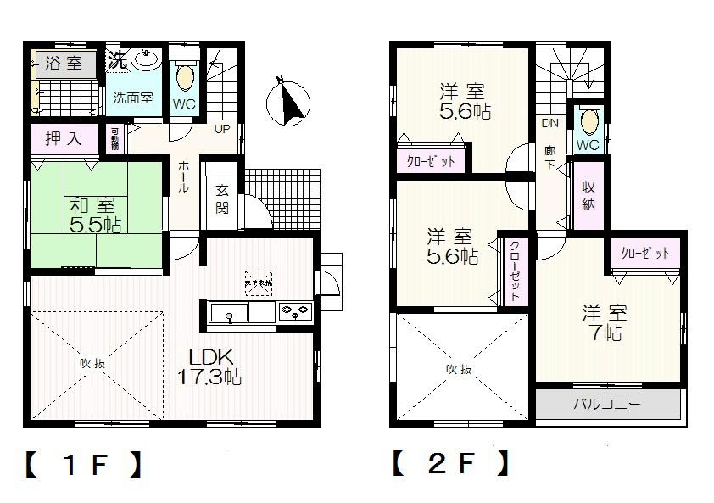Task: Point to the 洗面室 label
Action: point(133,98)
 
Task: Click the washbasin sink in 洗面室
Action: point(147,59)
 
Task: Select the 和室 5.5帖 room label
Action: point(94,215)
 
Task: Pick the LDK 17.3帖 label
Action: point(209,366)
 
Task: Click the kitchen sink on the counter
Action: point(231,316)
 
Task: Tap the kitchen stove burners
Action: point(295,312)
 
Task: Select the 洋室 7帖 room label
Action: point(602,322)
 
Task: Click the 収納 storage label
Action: point(588,196)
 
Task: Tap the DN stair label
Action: point(549,124)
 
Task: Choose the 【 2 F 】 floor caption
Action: point(451,463)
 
